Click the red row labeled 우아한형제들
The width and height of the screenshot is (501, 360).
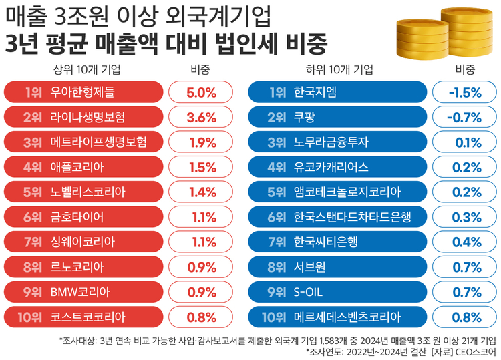(83, 92)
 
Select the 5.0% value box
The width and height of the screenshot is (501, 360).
(201, 92)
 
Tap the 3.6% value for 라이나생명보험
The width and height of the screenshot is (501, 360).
(201, 117)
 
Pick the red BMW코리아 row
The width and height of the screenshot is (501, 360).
(83, 291)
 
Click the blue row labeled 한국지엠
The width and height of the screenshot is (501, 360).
(337, 92)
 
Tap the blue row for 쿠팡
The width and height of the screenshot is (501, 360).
(337, 117)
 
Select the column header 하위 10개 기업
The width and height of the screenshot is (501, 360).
(339, 69)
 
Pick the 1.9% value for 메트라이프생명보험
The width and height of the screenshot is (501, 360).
(201, 142)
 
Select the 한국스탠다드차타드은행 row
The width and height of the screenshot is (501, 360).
(337, 217)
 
